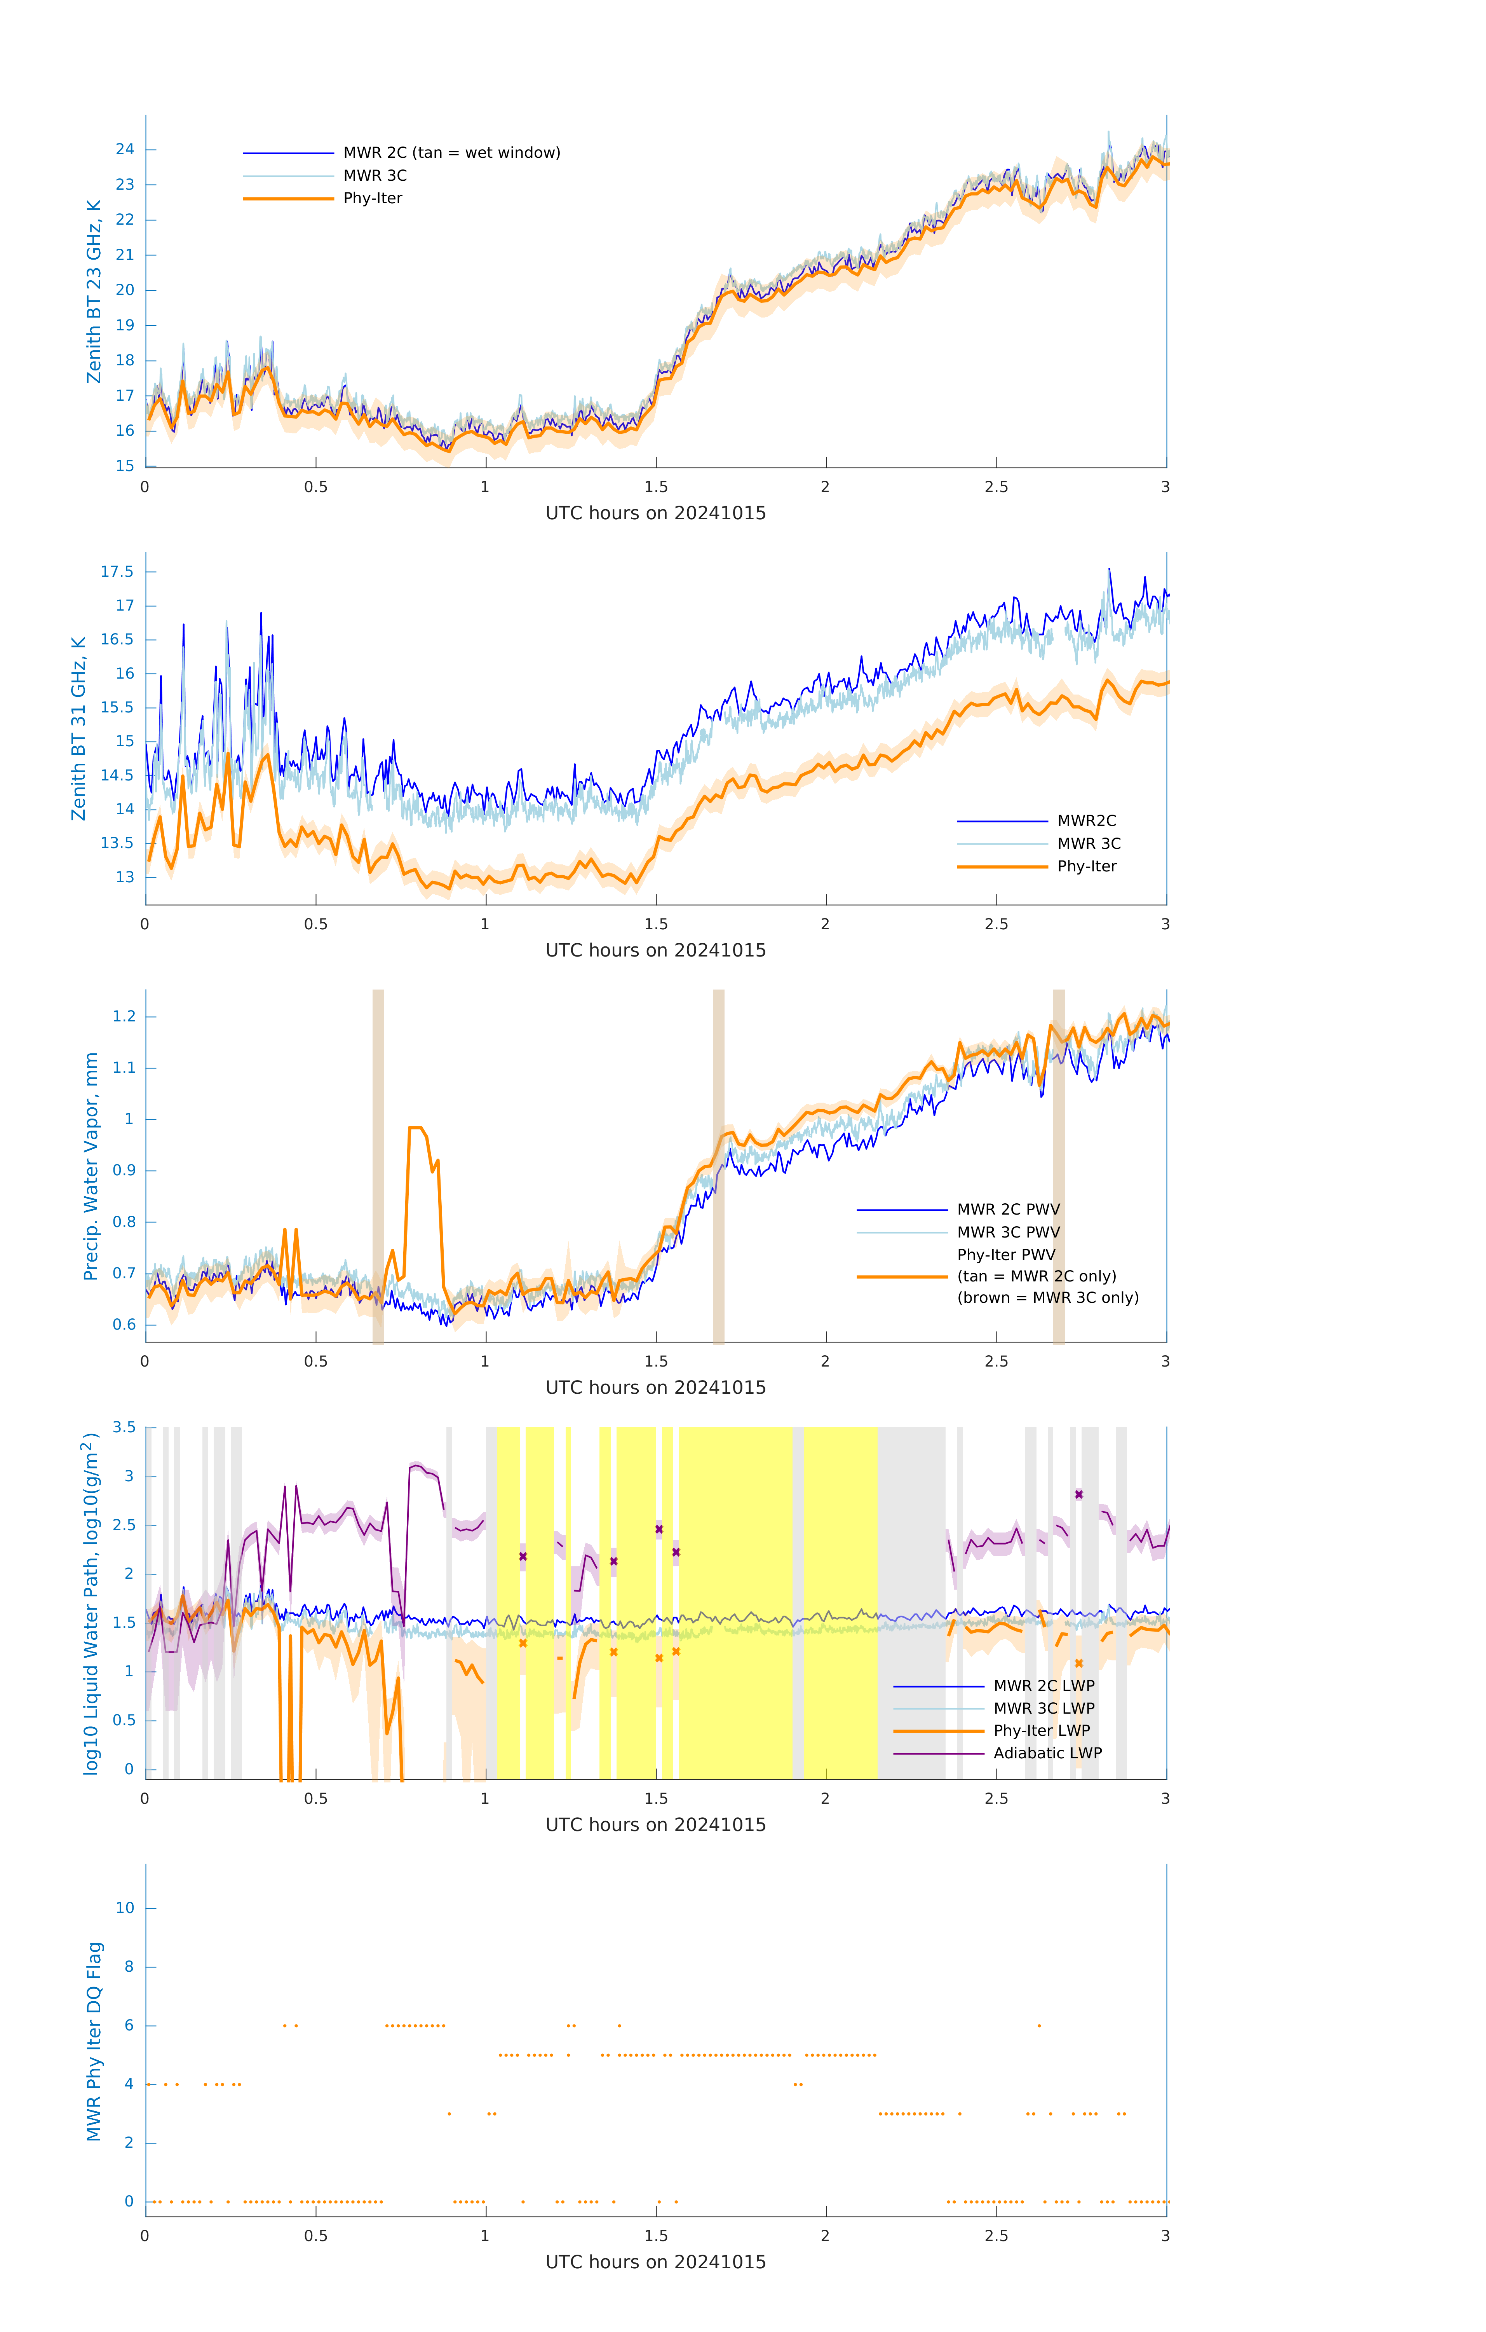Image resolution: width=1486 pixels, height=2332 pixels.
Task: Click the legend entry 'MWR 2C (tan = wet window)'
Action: point(451,153)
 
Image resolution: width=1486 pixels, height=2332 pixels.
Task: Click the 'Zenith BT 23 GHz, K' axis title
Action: point(94,291)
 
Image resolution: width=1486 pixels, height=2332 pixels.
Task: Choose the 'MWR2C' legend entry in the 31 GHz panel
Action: point(1086,820)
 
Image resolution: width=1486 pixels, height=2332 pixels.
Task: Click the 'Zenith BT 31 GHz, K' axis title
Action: point(78,728)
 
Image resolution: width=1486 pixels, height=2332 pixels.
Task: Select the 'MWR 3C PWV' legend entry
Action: point(1008,1232)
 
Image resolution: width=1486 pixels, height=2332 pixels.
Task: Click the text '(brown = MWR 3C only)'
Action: point(1047,1298)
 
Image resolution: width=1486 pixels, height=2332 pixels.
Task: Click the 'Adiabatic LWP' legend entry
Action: point(1047,1753)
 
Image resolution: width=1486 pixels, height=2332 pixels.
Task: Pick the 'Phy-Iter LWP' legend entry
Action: point(1042,1731)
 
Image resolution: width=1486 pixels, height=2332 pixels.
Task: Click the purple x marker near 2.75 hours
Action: point(1078,1494)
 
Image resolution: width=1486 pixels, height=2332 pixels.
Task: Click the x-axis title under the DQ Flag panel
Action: point(655,2262)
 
